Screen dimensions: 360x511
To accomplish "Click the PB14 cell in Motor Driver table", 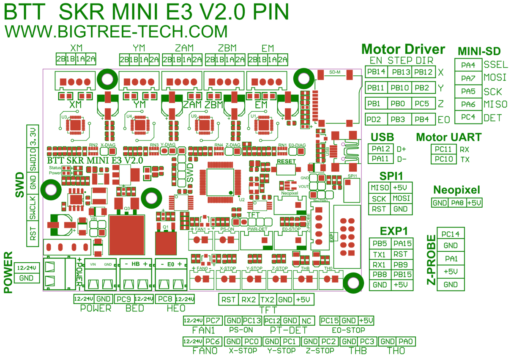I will coord(376,71).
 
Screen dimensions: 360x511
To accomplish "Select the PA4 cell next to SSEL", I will coord(468,65).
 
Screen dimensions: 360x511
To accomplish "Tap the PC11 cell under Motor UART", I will coord(443,149).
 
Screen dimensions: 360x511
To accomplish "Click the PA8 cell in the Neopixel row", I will coord(457,203).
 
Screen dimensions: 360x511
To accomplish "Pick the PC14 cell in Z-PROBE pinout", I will coord(451,234).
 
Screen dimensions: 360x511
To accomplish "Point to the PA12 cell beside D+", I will coord(381,149).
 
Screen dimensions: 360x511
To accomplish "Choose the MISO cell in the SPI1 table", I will coord(380,188).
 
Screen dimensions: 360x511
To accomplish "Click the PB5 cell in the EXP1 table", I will coord(380,243).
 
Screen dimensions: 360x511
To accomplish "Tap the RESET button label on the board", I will coord(286,162).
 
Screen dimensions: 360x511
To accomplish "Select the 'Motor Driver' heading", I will coord(403,49).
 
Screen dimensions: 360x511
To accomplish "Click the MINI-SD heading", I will coord(479,52).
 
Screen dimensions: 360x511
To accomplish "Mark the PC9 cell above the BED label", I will coord(126,299).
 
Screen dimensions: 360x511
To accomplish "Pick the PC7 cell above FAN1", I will coord(214,320).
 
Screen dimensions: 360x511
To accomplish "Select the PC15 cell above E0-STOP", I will coord(330,320).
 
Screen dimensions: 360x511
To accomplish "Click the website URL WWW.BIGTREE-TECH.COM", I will coord(116,32).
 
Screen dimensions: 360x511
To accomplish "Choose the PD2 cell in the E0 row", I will coord(376,119).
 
